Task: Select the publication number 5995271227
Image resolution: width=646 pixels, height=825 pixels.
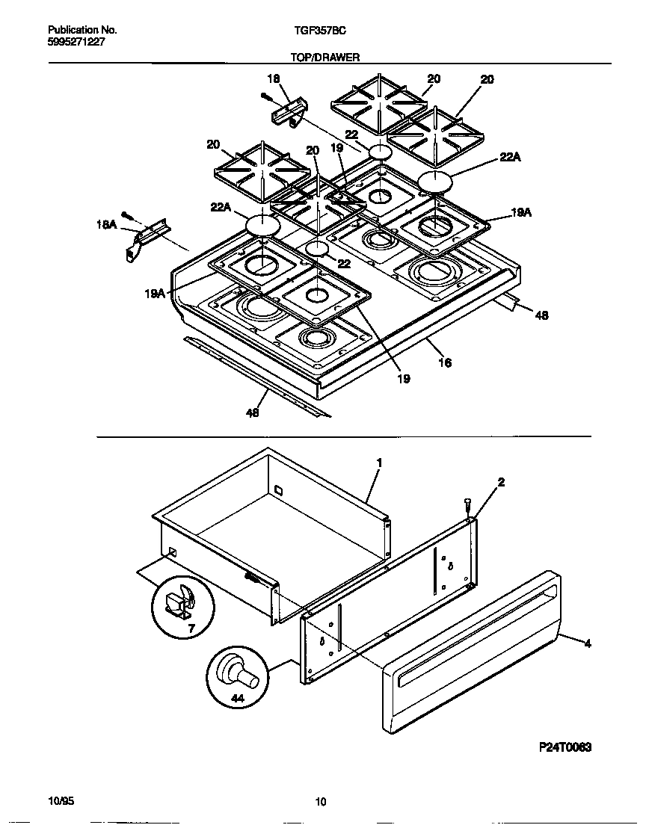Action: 76,42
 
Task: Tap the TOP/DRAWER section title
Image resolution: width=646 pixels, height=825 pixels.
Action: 325,57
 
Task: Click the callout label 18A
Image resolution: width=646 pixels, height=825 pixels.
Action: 106,223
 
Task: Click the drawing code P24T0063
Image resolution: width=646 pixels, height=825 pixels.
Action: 565,747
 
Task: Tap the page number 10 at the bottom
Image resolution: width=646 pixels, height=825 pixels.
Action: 320,803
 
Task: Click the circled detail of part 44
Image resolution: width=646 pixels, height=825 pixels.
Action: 236,676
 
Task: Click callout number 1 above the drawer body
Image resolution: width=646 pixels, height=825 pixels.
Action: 379,463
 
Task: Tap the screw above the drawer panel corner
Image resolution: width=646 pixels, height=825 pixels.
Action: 467,506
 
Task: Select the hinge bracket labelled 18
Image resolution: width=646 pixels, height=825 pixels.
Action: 288,113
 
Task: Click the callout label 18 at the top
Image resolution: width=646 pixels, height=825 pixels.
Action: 273,78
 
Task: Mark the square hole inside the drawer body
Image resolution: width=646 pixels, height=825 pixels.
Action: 278,490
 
